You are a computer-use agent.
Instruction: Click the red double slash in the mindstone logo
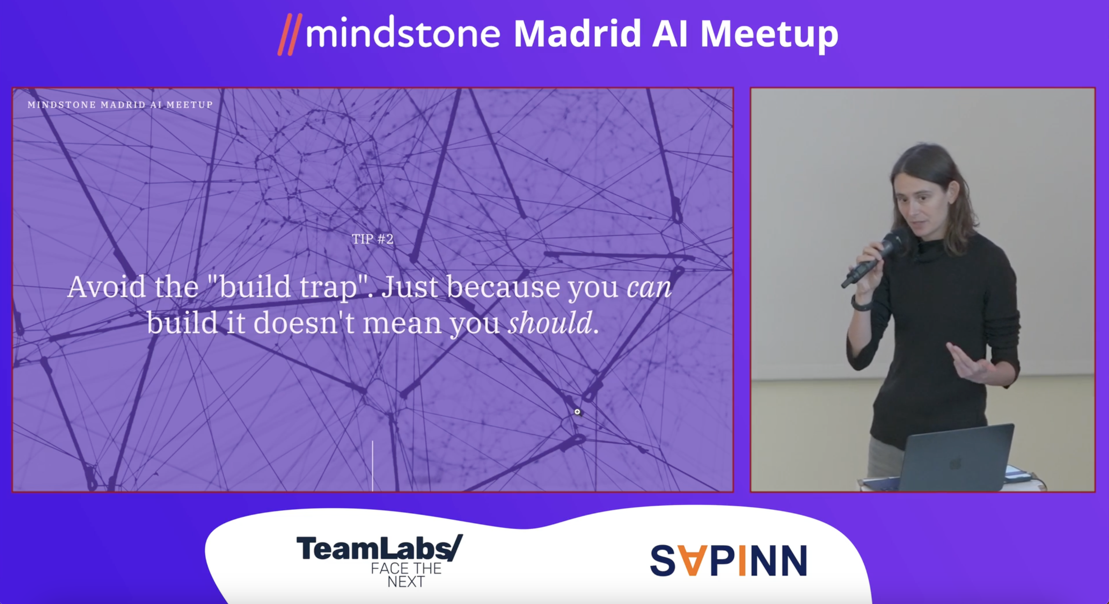coord(290,34)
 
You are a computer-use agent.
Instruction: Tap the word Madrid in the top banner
coord(577,34)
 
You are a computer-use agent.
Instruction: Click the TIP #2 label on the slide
coord(373,239)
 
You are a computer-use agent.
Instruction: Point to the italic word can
coord(649,287)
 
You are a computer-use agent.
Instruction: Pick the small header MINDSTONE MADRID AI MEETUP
coord(120,105)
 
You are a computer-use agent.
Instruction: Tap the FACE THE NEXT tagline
coord(406,575)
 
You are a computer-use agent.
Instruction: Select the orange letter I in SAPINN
coord(742,560)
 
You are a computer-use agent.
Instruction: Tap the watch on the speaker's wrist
coord(860,304)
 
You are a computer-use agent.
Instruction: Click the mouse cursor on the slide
coord(578,412)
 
